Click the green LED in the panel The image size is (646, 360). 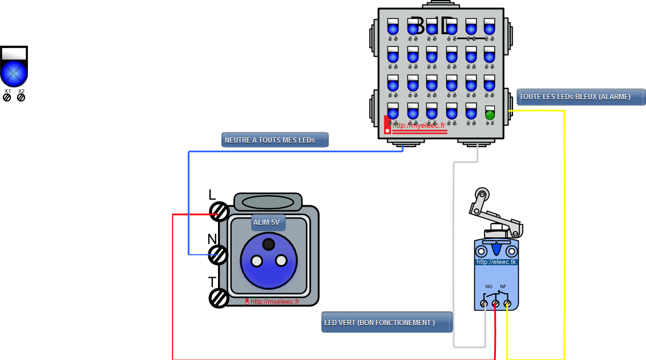pos(490,115)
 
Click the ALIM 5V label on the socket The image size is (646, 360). pos(267,222)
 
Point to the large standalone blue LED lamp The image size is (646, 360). pos(14,74)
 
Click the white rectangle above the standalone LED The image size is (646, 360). pos(14,54)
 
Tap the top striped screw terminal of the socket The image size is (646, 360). pos(220,212)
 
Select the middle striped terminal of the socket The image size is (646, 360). pos(219,254)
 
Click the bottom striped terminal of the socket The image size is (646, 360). pos(220,298)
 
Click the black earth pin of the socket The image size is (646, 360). pos(268,244)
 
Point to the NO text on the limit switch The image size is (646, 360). pos(488,286)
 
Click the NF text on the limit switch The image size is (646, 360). pos(503,286)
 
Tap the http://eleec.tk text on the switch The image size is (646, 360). pos(496,262)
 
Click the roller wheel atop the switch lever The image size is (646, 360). pos(482,195)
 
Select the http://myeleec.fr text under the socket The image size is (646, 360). pos(274,302)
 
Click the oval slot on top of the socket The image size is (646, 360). pos(268,202)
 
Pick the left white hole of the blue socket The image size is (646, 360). pos(257,261)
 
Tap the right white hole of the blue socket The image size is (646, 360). pos(281,261)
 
